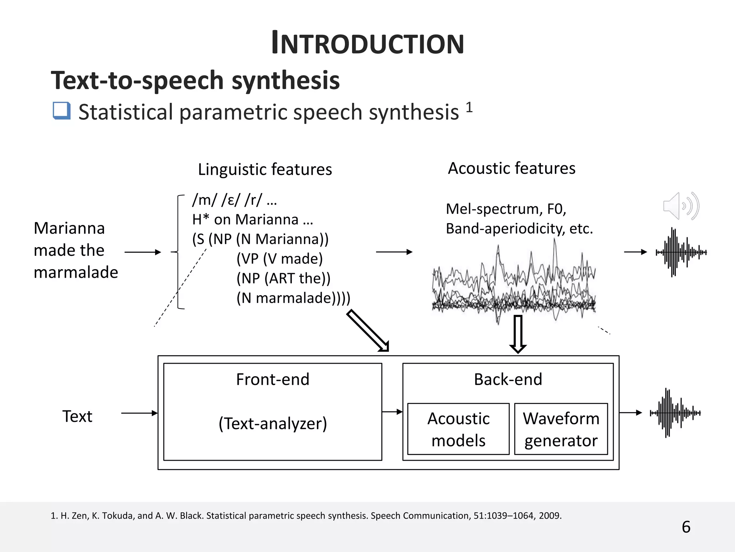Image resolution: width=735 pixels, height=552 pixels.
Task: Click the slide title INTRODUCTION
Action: [367, 43]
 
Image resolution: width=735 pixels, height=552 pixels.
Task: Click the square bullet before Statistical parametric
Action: [61, 111]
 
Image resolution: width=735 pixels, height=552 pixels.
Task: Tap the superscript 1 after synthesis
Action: [469, 107]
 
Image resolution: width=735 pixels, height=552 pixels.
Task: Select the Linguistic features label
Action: [265, 169]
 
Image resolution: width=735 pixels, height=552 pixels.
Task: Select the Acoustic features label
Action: [511, 168]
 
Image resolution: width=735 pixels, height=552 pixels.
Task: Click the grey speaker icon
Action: [680, 206]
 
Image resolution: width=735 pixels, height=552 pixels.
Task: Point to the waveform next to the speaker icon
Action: [681, 252]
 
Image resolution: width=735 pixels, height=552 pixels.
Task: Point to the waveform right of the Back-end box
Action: [675, 413]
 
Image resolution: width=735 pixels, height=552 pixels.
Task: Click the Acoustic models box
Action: [458, 429]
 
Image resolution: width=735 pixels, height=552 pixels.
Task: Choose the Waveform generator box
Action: [561, 429]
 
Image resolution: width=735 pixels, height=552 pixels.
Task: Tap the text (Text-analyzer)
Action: [273, 423]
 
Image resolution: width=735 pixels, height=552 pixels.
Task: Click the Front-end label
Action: [273, 379]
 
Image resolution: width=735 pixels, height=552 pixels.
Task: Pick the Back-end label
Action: [508, 379]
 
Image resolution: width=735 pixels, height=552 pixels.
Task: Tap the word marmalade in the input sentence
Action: [76, 272]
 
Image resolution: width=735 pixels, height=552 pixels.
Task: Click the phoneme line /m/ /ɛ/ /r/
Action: [234, 200]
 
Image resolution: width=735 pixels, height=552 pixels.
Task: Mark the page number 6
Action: [686, 527]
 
